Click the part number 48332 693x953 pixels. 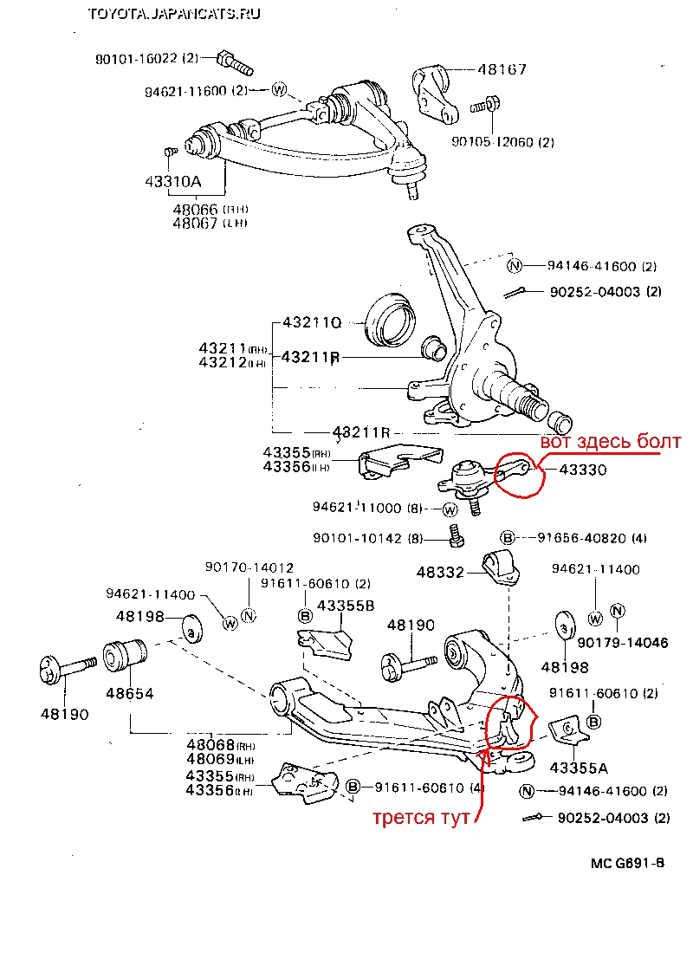point(441,573)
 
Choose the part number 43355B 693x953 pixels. point(346,606)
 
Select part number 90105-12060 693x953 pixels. point(502,141)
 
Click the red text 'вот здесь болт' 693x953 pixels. point(611,442)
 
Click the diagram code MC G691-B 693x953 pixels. point(628,864)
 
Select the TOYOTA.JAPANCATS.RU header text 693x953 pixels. point(173,14)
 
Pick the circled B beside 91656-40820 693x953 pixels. point(508,537)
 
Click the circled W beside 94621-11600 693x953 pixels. point(279,89)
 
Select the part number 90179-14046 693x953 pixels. point(611,643)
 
